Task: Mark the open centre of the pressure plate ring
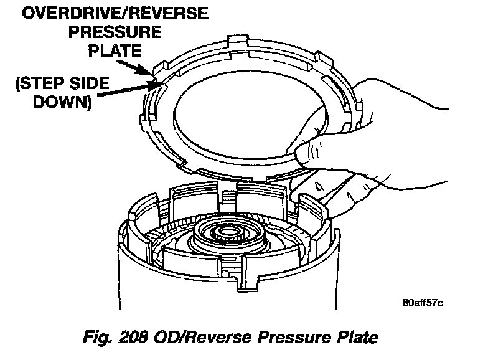point(249,112)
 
